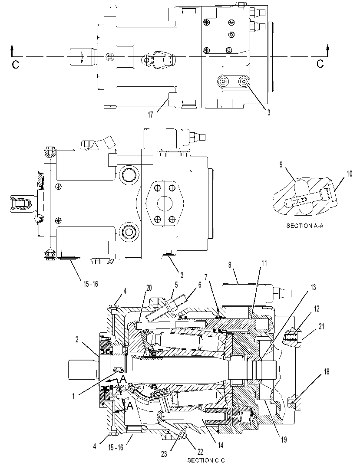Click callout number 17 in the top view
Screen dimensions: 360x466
click(x=150, y=115)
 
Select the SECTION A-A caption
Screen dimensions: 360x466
click(x=305, y=226)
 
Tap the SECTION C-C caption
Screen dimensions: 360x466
click(x=206, y=460)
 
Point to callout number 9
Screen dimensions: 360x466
click(x=281, y=164)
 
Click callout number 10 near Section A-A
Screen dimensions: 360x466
click(x=349, y=174)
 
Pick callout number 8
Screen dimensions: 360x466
click(x=230, y=265)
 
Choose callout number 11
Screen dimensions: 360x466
click(x=264, y=263)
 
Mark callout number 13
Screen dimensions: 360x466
click(x=313, y=288)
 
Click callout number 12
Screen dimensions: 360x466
click(x=317, y=308)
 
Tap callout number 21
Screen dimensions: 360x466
click(x=321, y=327)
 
